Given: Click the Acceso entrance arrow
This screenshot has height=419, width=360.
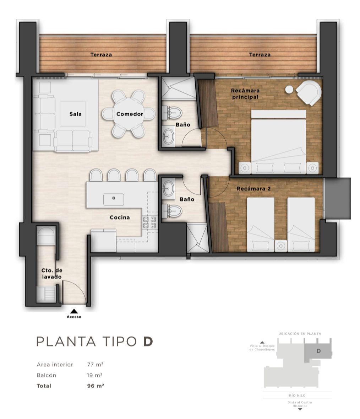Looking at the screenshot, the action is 74,311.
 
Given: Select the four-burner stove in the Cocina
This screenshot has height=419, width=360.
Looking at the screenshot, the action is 149,222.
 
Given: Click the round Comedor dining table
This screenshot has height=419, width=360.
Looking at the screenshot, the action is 129,114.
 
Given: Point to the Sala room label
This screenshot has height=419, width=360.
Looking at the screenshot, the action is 76,114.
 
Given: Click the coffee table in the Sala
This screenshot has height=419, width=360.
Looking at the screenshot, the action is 72,114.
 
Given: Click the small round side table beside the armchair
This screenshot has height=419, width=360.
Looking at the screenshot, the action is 289,90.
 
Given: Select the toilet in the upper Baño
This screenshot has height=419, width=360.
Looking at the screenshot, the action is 173,113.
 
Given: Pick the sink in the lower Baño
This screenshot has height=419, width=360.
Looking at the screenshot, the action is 168,188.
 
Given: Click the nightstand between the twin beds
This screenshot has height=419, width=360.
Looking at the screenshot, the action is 281,246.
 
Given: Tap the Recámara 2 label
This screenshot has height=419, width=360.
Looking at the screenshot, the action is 253,189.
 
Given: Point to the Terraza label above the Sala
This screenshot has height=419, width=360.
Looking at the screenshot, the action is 101,55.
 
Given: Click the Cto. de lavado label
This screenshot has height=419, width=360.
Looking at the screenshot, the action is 51,274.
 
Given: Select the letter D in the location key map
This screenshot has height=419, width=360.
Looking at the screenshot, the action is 318,351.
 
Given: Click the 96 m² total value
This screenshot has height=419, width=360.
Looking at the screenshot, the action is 95,386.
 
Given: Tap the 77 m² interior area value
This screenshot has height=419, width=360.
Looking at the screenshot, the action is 95,364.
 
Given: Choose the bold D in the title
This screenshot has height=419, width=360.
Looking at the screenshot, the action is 148,342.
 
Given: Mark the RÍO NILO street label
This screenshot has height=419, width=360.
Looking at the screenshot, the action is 297,395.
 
